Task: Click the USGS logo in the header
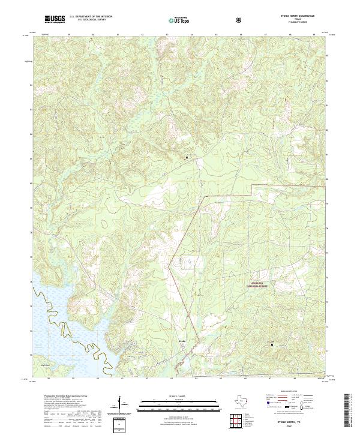click(x=55, y=20)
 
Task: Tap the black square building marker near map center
click(x=185, y=158)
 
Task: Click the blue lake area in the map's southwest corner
click(x=54, y=336)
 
